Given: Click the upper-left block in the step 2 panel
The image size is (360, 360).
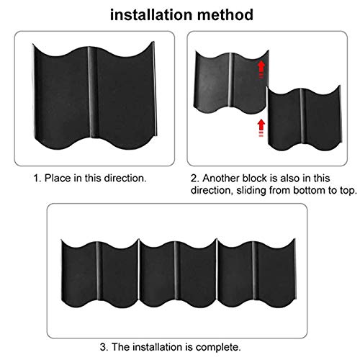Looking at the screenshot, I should (230, 79).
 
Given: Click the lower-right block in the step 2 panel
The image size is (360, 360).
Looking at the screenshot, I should (302, 119).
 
